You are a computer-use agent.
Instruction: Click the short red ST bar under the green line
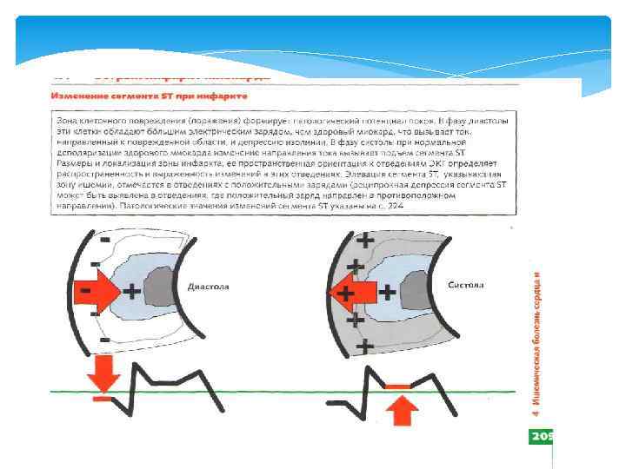click(102, 399)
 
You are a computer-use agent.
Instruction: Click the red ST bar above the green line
click(402, 385)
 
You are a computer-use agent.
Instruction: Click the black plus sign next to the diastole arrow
click(132, 291)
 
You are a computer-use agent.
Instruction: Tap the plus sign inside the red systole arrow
click(347, 293)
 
